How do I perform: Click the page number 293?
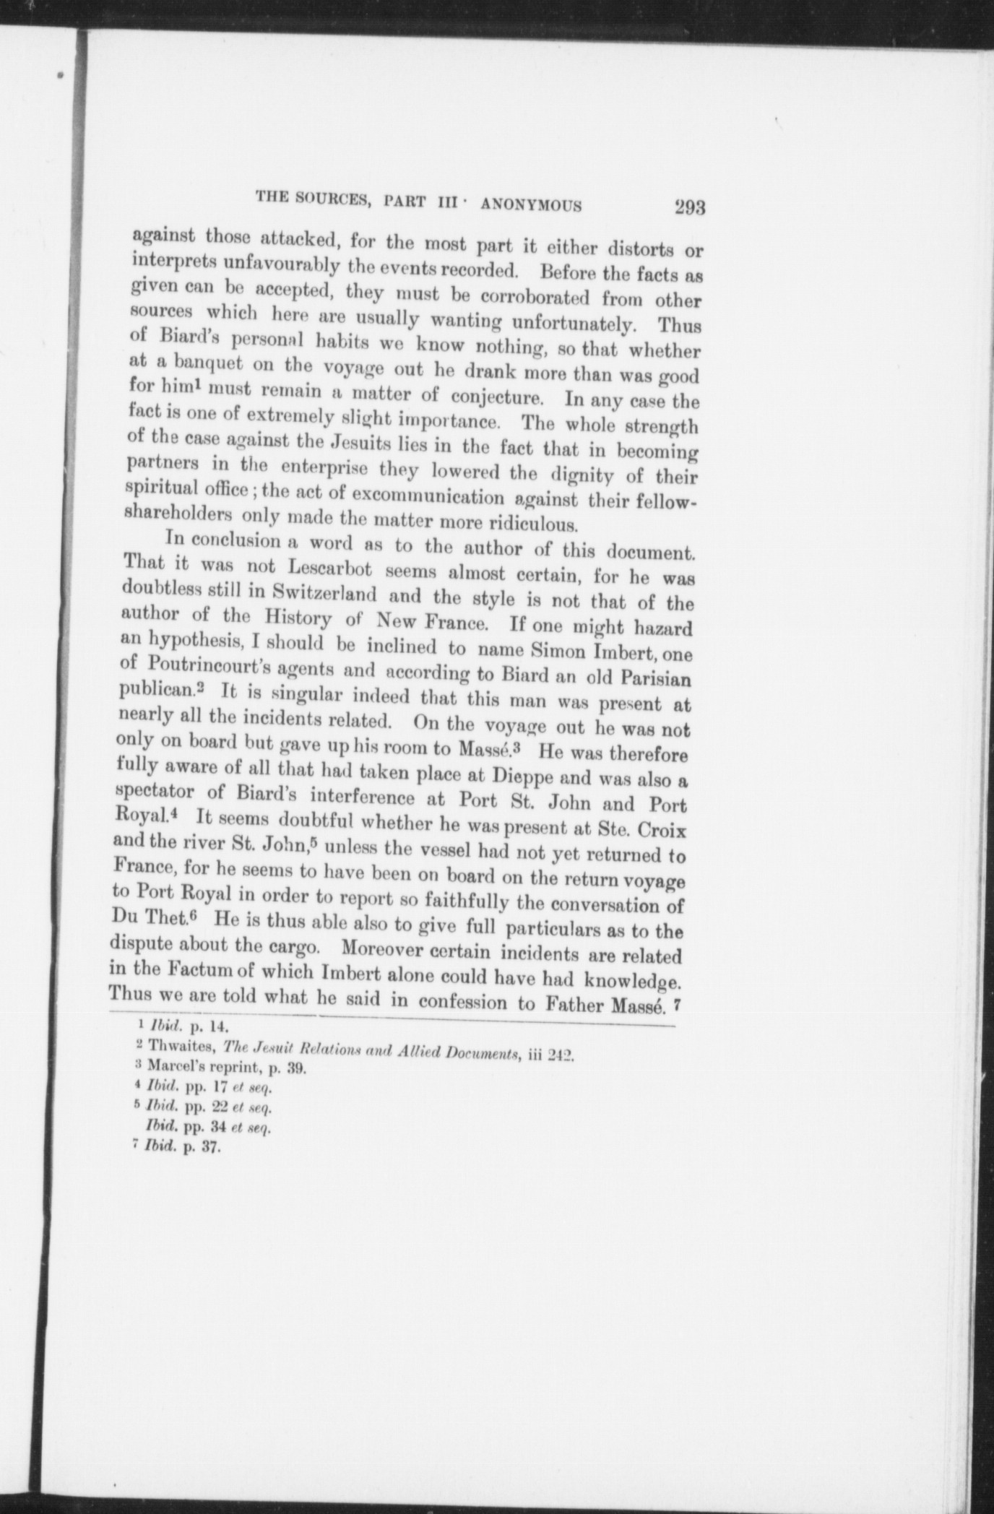click(688, 208)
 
